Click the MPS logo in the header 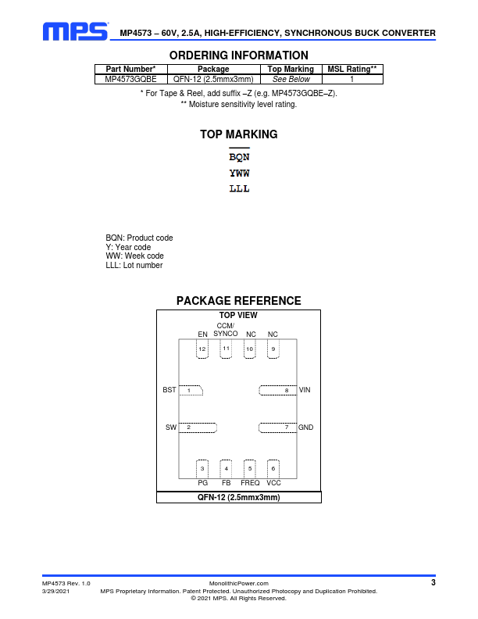pos(75,31)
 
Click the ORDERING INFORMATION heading pos(238,55)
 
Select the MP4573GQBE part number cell pos(130,79)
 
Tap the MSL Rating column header pos(352,69)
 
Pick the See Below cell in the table pos(291,79)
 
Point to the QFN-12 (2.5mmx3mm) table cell pos(213,79)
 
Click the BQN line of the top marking pos(239,157)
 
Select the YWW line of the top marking pos(239,173)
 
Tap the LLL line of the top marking pos(239,188)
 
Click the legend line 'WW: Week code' pos(134,256)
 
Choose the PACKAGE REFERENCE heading pos(238,301)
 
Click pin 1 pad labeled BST pos(191,391)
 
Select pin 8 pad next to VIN pos(277,391)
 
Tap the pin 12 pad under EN pos(202,349)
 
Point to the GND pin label pos(305,428)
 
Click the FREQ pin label pos(250,483)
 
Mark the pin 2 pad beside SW pos(198,428)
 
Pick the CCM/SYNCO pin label pos(226,330)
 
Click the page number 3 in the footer pos(433,582)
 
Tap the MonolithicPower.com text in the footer pos(238,584)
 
